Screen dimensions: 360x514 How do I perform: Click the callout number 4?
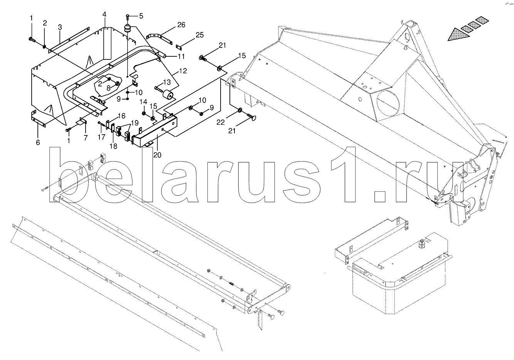[104, 14]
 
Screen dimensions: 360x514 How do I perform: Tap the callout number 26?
[181, 25]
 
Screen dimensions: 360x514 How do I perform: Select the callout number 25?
[199, 35]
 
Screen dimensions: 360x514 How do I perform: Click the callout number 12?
[183, 71]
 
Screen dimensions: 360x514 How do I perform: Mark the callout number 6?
[38, 142]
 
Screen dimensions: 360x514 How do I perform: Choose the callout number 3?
[60, 27]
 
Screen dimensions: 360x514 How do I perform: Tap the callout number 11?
[181, 56]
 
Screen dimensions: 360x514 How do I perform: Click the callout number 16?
[121, 115]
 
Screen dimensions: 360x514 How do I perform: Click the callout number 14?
[143, 101]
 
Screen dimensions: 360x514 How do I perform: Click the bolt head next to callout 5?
[128, 16]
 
